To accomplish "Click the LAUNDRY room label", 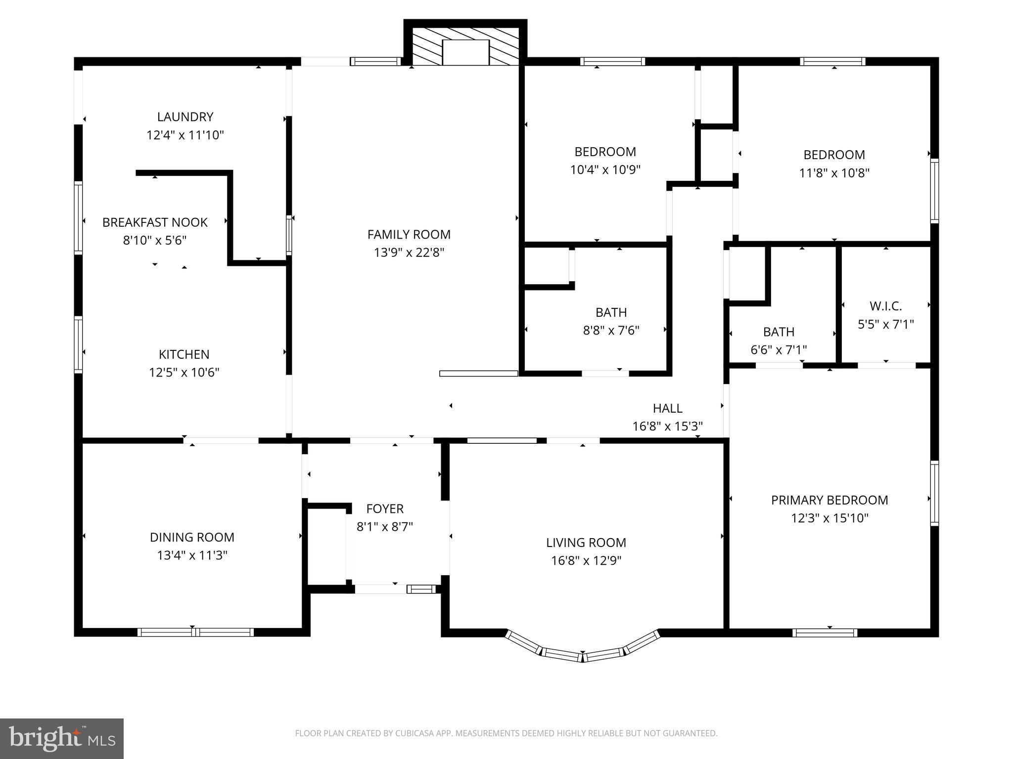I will coord(185,117).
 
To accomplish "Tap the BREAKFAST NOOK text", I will coord(155,222).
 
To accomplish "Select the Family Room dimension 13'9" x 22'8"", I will coord(409,253).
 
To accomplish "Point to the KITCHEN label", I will coord(184,354).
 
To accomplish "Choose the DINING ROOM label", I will coord(192,537).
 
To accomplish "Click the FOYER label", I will coord(385,508).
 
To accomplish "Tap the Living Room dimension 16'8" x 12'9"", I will coord(586,560).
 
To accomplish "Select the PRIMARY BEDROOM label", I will coord(829,500).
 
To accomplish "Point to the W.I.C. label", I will coord(885,306).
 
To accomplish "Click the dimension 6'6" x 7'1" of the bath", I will coord(779,350).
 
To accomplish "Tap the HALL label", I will coord(667,408).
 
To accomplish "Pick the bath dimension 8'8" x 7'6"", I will coord(611,330).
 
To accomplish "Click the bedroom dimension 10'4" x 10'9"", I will coord(605,170).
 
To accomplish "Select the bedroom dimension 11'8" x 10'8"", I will coord(834,173).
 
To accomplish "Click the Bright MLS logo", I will coord(62,739).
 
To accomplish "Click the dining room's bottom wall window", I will coord(195,632).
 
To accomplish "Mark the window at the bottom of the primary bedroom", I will coord(825,632).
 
